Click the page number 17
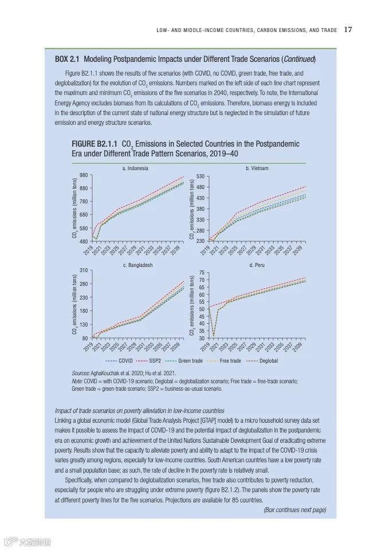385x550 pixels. tap(347, 30)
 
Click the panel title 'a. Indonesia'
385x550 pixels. tap(136, 168)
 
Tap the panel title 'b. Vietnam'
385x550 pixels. tap(257, 168)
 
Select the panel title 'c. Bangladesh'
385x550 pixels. tap(137, 265)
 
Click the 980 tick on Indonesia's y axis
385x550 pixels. tap(83, 175)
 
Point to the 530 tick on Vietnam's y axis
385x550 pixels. tap(200, 176)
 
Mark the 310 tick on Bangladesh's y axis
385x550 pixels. tap(83, 270)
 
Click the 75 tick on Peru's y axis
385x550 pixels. tap(201, 273)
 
